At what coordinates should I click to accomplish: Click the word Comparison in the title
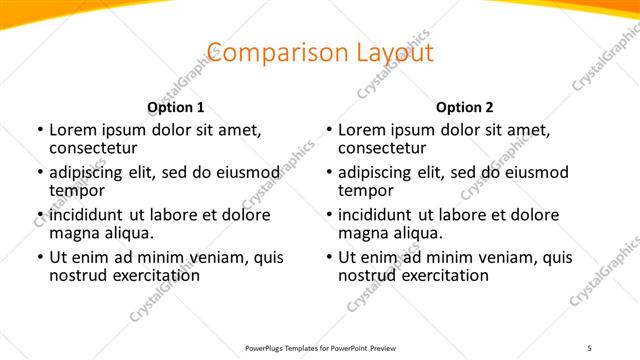coord(262,53)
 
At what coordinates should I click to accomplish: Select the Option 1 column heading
coord(176,107)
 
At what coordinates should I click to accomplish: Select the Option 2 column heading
coord(465,107)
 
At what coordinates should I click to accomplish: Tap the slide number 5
coord(589,348)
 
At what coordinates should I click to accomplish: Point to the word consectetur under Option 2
coord(387,148)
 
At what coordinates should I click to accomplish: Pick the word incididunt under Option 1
coord(89,216)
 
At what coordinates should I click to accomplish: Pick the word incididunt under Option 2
coord(378,216)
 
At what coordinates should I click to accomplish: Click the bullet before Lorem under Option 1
coord(39,131)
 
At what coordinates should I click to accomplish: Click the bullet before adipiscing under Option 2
coord(328,174)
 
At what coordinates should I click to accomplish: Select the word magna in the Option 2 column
coord(363,234)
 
